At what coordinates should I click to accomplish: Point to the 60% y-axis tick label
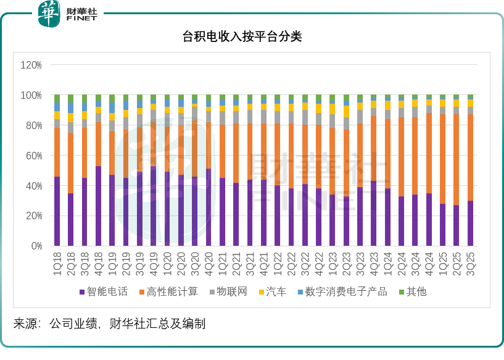pos(33,156)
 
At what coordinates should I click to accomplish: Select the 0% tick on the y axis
pos(35,246)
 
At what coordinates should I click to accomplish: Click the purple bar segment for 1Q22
pos(278,216)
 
